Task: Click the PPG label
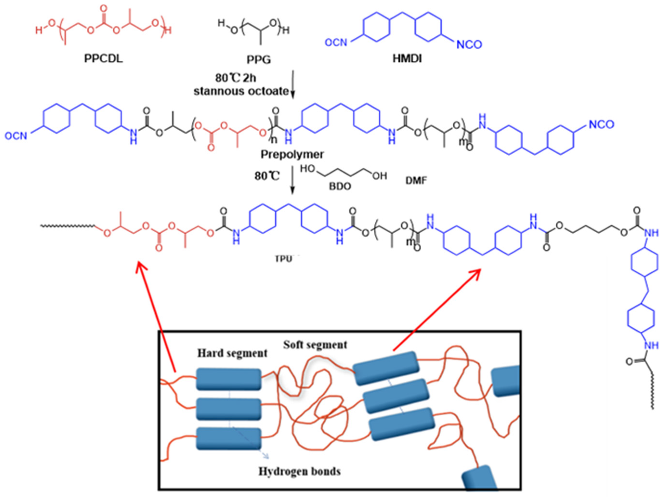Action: pos(259,59)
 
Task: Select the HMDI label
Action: pos(407,58)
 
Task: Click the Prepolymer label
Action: pos(292,154)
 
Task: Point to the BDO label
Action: pos(340,186)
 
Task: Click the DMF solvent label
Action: pos(416,180)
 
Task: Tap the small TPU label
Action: pos(283,259)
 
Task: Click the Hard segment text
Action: pos(232,353)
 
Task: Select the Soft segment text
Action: pos(315,345)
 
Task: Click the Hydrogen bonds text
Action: pos(300,471)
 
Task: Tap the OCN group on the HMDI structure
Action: pos(336,42)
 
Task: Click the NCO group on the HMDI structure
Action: pos(469,45)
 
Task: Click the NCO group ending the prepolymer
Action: pos(601,124)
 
